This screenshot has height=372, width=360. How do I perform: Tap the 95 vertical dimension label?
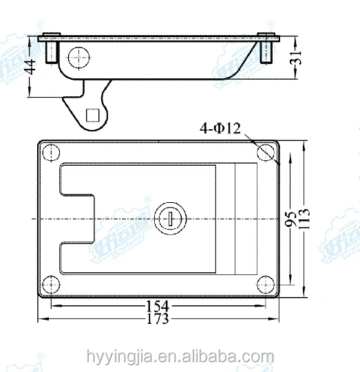pos(290,219)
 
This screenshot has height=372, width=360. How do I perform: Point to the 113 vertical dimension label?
pos(304,219)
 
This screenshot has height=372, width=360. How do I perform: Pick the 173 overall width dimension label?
pos(159,319)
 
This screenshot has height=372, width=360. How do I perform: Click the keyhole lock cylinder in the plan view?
pos(169,218)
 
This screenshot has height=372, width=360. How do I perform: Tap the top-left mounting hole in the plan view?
pos(50,152)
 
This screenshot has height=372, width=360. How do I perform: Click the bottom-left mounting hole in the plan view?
pos(50,284)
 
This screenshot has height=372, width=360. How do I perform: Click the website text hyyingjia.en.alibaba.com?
pos(180,356)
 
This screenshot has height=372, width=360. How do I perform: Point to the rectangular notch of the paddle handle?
pos(76,218)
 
